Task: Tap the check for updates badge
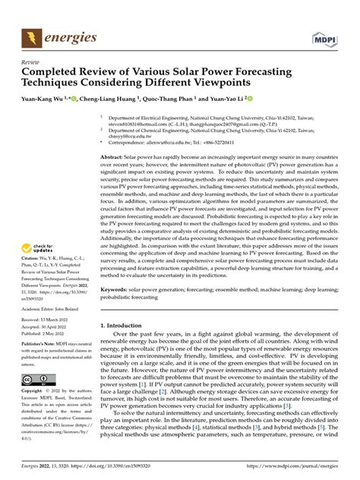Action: tap(38, 227)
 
